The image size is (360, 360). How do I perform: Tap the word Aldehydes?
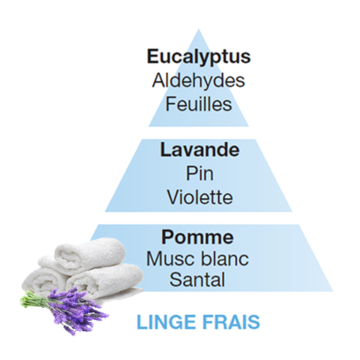click(x=198, y=81)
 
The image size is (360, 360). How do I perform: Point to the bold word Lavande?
click(x=199, y=150)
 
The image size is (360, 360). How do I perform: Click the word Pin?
click(x=199, y=174)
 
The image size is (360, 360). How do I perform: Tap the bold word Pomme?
click(x=197, y=237)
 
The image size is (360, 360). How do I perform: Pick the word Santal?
click(x=197, y=279)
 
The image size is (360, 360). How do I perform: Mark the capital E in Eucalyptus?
click(x=153, y=56)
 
